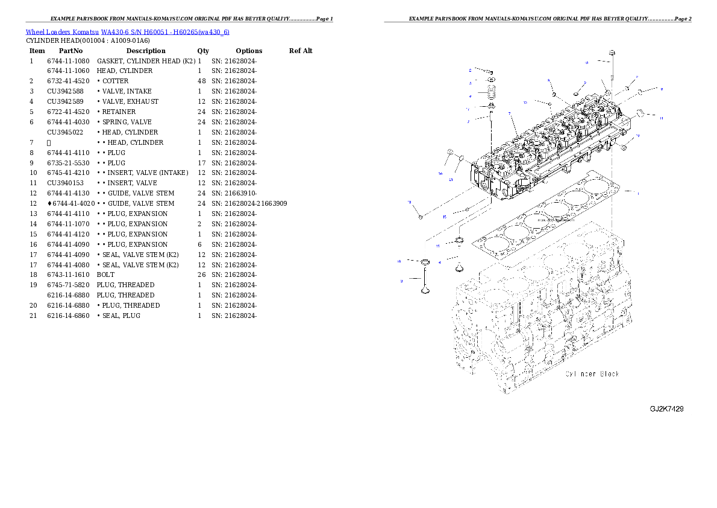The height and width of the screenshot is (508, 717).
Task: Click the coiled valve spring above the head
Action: [491, 95]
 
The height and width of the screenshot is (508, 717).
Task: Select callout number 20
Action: [440, 173]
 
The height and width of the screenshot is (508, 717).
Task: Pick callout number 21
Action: [451, 179]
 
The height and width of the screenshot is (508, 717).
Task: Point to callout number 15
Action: [445, 216]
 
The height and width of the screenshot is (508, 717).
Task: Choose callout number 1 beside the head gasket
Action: [638, 192]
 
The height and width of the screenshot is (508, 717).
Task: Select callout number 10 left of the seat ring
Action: [399, 262]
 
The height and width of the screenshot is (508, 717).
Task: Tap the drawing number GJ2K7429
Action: [666, 409]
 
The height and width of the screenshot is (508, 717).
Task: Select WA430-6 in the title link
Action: [115, 32]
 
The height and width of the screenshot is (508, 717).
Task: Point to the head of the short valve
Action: [459, 269]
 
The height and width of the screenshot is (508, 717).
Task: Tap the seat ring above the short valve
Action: [459, 242]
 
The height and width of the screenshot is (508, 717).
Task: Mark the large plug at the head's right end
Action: [642, 112]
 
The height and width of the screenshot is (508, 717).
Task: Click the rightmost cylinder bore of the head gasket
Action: [596, 185]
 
